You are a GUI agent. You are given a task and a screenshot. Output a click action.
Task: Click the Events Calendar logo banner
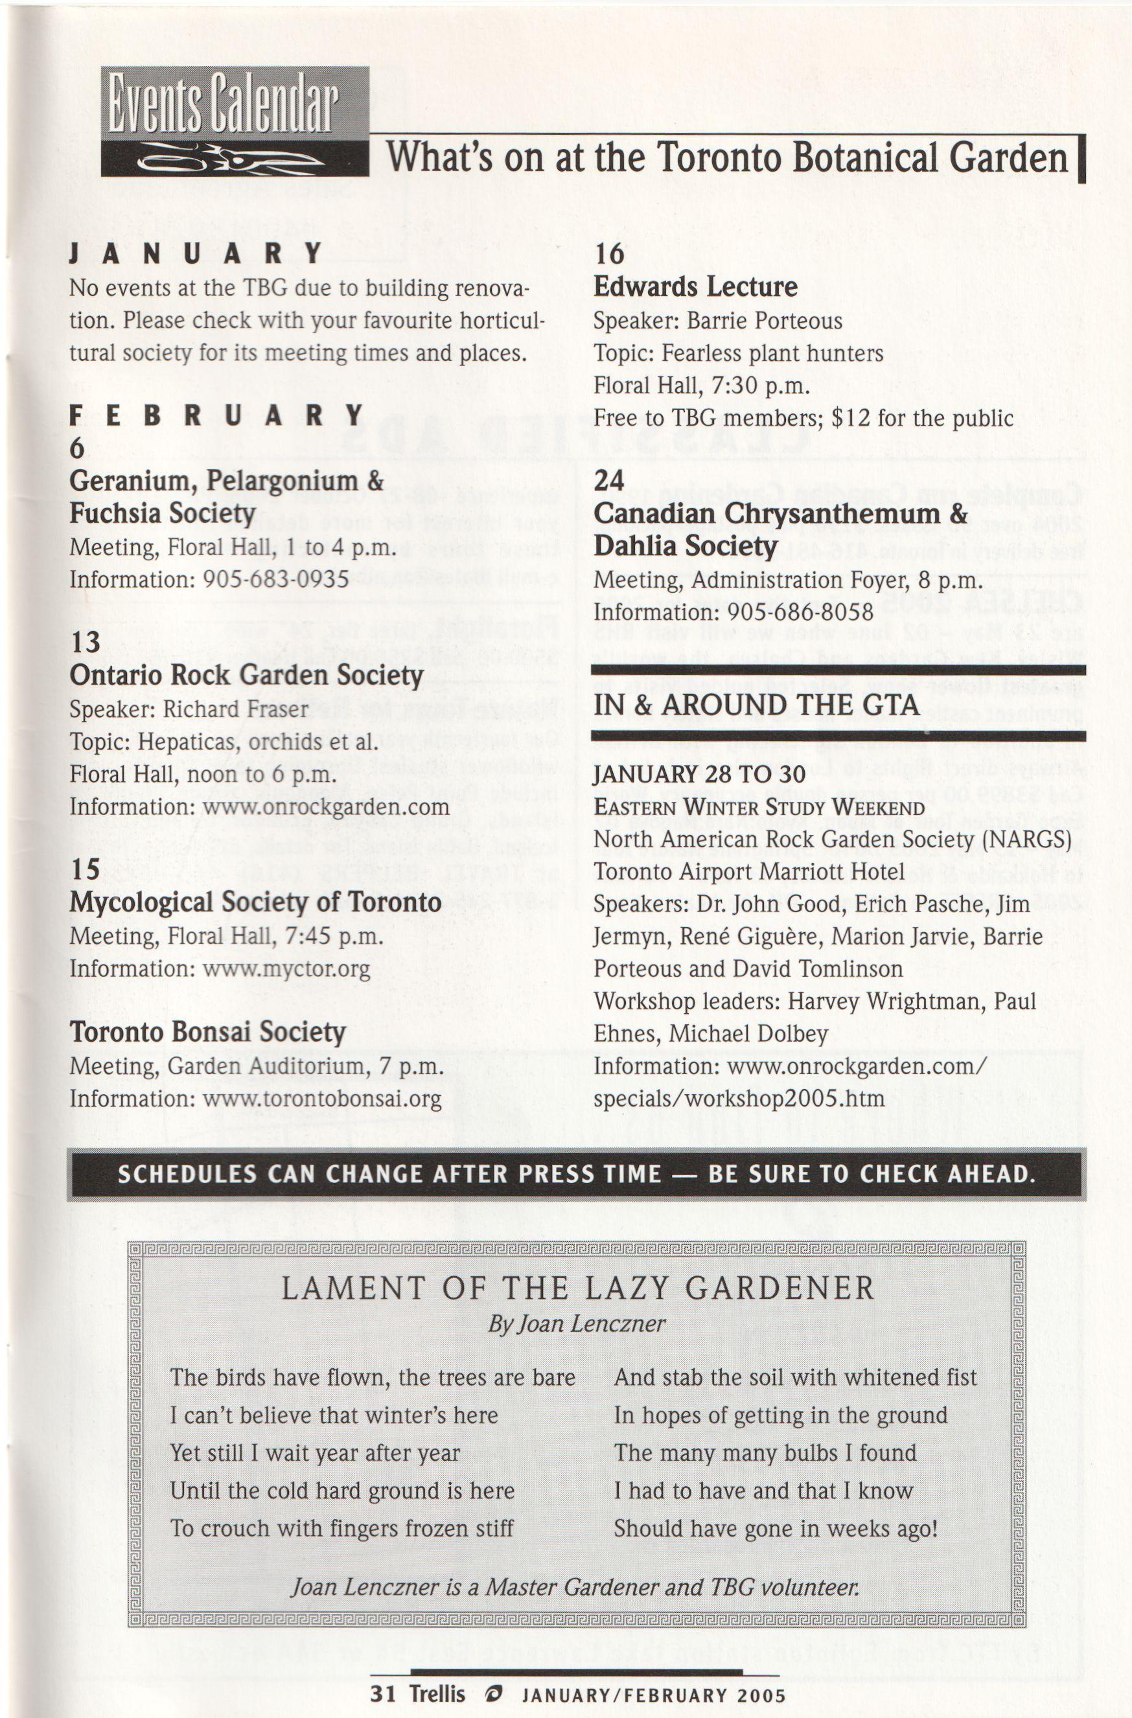[x=235, y=120]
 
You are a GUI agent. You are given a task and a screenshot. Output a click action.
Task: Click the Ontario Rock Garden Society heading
[x=246, y=675]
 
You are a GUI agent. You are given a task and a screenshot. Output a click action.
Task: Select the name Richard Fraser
[x=235, y=709]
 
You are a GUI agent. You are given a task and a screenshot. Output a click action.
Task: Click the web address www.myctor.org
[x=286, y=968]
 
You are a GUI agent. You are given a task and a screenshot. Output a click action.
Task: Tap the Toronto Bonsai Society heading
[x=207, y=1032]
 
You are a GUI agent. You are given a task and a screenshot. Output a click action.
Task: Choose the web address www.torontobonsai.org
[x=322, y=1098]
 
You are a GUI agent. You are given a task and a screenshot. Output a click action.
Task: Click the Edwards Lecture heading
[x=695, y=286]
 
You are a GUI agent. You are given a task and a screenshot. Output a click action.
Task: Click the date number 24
[x=609, y=480]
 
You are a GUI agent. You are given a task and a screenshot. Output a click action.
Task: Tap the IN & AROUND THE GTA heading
[x=756, y=705]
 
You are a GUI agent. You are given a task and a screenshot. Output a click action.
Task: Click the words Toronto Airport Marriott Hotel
[x=748, y=871]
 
